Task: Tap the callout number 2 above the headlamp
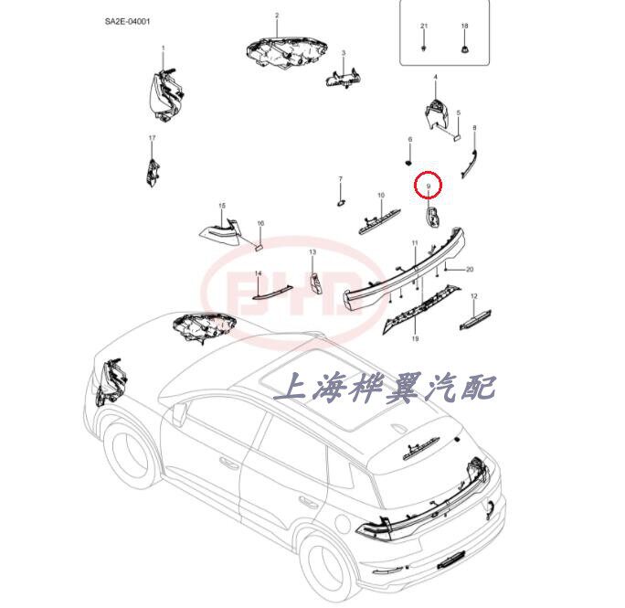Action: pos(277,16)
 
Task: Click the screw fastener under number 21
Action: pos(424,45)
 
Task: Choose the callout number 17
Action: pos(153,137)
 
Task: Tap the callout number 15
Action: pos(221,206)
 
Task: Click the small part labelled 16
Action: pos(259,245)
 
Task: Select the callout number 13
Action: pos(312,251)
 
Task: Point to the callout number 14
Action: pos(258,273)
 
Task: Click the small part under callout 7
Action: pos(340,201)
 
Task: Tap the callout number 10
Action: pos(381,196)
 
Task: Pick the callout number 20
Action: pos(470,270)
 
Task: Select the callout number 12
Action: pos(473,297)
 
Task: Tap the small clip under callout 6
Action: pos(410,159)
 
